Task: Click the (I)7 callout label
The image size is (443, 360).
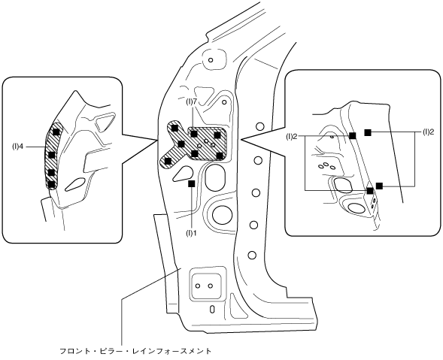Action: tap(191, 102)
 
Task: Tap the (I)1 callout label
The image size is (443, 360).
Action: tap(191, 233)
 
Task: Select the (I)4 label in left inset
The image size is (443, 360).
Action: tap(17, 147)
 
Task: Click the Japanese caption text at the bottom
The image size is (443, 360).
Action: tap(135, 351)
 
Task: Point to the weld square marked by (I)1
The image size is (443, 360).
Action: tap(192, 183)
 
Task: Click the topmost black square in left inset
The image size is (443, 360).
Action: tap(57, 132)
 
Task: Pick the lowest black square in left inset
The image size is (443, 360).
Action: tap(51, 184)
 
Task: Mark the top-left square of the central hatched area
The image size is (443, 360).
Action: tap(174, 129)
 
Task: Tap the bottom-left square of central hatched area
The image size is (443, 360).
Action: tap(168, 161)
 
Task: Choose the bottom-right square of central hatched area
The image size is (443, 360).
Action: tap(220, 155)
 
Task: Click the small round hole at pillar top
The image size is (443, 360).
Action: tap(210, 60)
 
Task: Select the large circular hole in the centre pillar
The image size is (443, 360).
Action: tap(222, 216)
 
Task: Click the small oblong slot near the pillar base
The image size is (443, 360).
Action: tap(212, 309)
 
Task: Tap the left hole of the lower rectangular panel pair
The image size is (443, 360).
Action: tap(198, 286)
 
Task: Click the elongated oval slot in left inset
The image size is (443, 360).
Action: tap(75, 184)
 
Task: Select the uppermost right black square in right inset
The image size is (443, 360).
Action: tap(368, 132)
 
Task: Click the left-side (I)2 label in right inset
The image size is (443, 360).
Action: tap(291, 137)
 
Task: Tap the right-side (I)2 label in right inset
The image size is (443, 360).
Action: tap(428, 132)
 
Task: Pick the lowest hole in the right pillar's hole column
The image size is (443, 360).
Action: tap(252, 255)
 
